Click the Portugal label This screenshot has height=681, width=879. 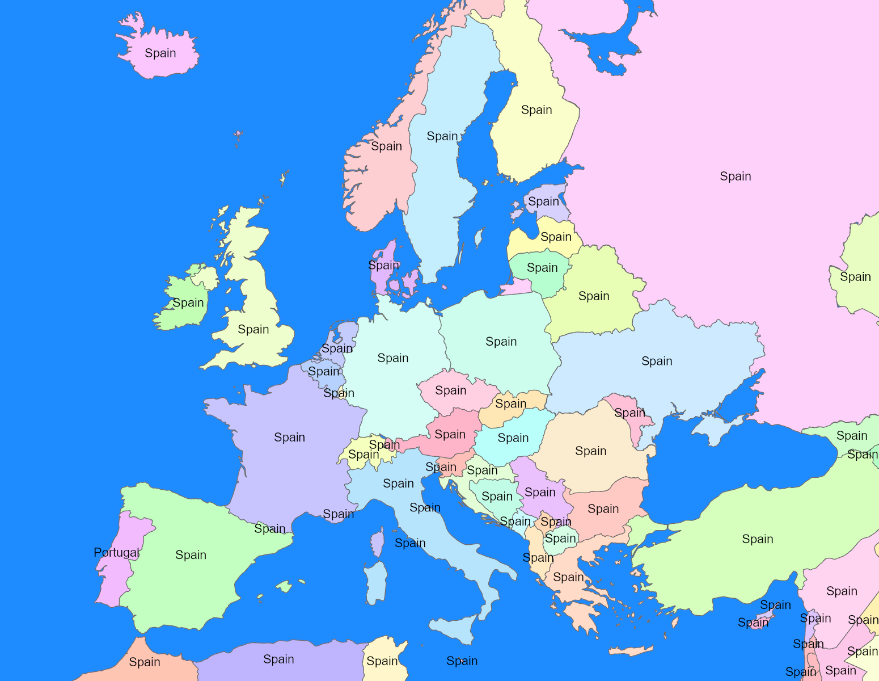click(116, 552)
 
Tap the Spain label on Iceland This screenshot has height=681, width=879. click(160, 53)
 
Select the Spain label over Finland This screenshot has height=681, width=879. click(536, 110)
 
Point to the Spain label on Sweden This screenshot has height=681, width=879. click(442, 136)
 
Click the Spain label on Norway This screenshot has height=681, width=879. click(386, 146)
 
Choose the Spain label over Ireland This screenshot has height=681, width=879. click(188, 303)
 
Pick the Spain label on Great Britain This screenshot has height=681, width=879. click(253, 330)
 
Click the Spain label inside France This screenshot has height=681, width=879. click(290, 438)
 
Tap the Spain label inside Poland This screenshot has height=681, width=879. click(501, 342)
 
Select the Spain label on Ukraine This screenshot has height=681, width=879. click(657, 361)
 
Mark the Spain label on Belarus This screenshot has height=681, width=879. click(594, 296)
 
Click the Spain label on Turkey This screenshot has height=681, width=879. click(758, 539)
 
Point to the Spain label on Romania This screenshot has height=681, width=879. click(591, 451)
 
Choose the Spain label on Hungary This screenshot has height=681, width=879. click(513, 438)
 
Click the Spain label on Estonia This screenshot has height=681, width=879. click(544, 201)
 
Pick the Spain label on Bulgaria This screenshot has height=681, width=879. click(603, 509)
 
